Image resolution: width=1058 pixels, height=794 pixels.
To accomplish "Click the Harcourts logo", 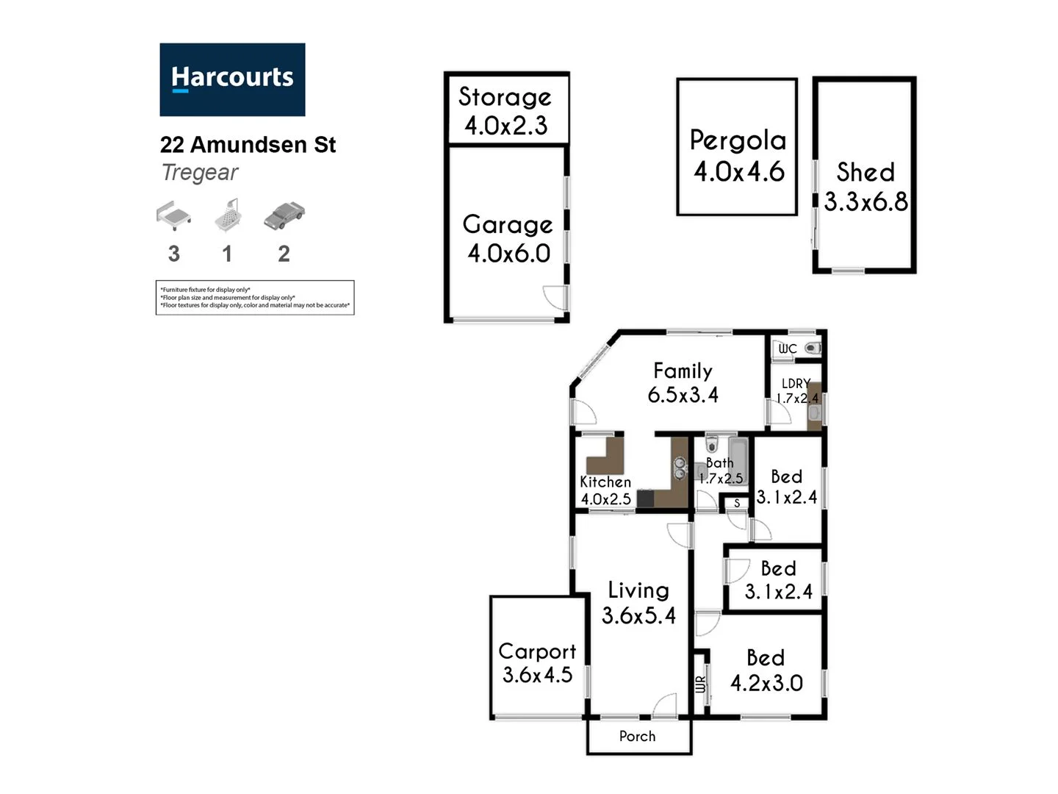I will click(x=232, y=79).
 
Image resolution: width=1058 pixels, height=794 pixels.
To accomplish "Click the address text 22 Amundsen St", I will click(x=248, y=145).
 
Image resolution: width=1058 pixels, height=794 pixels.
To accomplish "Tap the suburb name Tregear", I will click(x=199, y=173).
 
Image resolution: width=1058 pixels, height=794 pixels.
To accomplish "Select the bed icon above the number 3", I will click(x=173, y=215).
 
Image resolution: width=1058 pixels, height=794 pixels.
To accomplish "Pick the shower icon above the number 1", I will click(x=228, y=215).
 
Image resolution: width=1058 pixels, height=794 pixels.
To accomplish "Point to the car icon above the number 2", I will click(x=284, y=215).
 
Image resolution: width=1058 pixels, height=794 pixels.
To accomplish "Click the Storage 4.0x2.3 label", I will click(x=505, y=111).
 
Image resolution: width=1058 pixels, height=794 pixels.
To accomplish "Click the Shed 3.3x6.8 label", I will click(x=866, y=187).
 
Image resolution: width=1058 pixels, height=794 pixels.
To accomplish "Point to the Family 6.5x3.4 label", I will click(x=683, y=382).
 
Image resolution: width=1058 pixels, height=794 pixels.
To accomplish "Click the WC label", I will click(x=788, y=348).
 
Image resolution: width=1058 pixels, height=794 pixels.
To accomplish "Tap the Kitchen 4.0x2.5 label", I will click(x=605, y=490).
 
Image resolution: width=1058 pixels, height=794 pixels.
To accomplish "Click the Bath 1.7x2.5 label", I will click(x=720, y=471).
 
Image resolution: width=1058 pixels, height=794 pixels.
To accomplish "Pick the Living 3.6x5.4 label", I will click(x=638, y=603).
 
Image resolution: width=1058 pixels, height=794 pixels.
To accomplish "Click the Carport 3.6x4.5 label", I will click(x=537, y=662).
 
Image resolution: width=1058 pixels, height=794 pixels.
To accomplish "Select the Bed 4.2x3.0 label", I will click(x=766, y=670).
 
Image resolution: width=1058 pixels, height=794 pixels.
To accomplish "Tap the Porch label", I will click(x=637, y=736).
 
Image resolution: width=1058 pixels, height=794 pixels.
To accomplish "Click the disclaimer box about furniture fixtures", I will click(x=255, y=298).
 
